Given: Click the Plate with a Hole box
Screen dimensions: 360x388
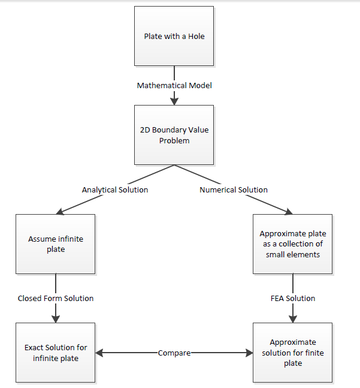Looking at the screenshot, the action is click(x=174, y=36).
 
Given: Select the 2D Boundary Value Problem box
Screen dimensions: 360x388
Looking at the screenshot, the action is click(x=174, y=135).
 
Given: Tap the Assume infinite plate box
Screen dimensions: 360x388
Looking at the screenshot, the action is click(x=55, y=244).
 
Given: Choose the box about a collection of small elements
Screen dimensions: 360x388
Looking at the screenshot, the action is click(x=292, y=244).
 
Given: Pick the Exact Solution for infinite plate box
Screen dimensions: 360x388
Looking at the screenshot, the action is click(x=55, y=353).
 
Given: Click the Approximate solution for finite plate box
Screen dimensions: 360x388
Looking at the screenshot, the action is click(x=292, y=353).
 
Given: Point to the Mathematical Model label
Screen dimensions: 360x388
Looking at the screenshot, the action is click(x=174, y=86).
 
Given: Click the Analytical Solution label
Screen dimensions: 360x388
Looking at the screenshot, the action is click(x=115, y=190).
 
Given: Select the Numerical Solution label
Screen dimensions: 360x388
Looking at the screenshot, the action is click(x=234, y=190).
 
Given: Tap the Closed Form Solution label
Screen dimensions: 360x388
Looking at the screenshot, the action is click(x=56, y=299).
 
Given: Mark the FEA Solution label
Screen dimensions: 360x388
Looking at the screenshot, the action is click(x=293, y=299).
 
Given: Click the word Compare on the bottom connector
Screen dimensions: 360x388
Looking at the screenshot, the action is click(x=174, y=353).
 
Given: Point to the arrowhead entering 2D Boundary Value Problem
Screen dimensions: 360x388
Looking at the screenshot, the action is click(x=174, y=101).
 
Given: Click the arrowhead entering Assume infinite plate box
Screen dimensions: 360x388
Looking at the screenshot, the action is click(x=60, y=212).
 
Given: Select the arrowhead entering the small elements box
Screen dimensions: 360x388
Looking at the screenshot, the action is click(x=289, y=212).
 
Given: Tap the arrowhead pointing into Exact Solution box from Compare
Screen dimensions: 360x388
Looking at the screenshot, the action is click(x=99, y=353).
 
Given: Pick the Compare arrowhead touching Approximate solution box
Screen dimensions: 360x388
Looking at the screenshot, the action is click(x=249, y=353).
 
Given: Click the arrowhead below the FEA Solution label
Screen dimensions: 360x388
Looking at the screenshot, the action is click(x=293, y=319).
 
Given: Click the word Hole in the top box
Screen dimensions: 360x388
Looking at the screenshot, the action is click(x=196, y=37).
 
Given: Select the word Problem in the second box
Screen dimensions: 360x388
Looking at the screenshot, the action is click(x=174, y=141).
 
